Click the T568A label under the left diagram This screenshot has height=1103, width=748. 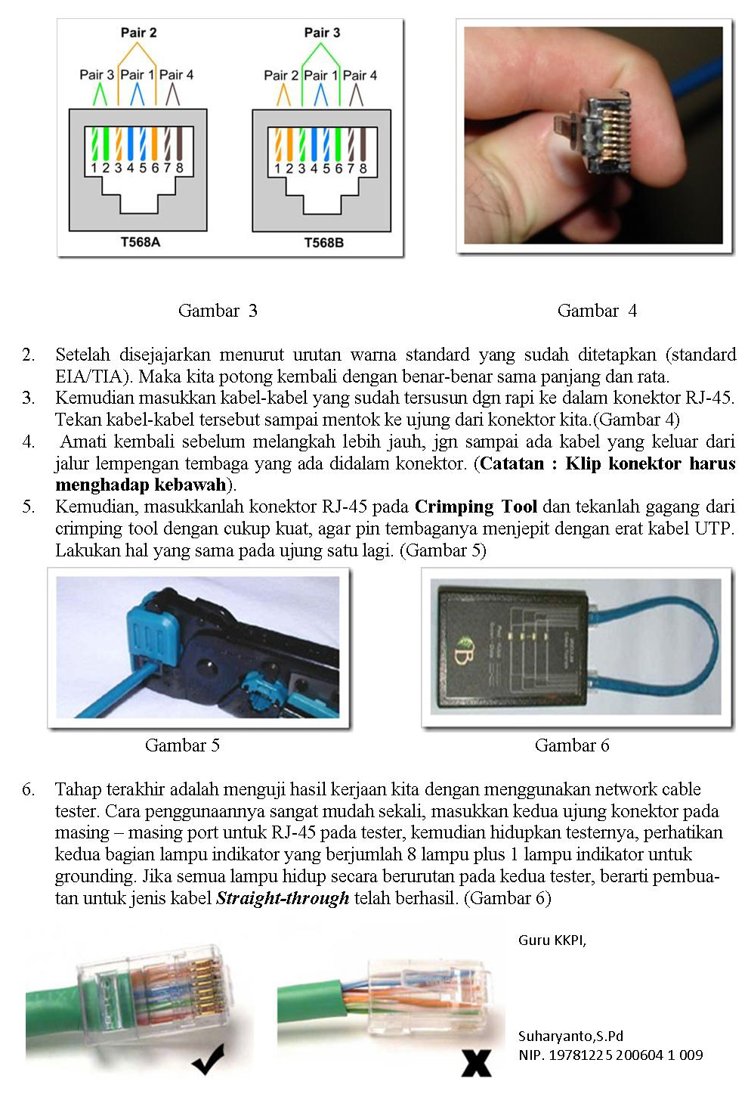point(140,242)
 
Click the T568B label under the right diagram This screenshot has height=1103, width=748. point(323,243)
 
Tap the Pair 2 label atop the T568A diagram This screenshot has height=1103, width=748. point(138,33)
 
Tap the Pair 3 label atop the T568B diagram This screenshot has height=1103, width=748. point(322,33)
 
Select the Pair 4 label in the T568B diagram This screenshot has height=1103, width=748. point(360,76)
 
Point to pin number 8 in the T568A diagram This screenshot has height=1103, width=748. point(179,168)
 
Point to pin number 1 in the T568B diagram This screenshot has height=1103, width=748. point(277,169)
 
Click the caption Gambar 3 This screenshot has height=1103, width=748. point(218,311)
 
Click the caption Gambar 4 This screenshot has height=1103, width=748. point(597,311)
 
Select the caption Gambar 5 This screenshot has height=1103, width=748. point(182,745)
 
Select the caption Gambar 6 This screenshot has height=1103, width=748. point(572,745)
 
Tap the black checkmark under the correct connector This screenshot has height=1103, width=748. point(208,1059)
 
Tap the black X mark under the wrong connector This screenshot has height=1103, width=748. point(476,1062)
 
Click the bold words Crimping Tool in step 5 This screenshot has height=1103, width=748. point(476,507)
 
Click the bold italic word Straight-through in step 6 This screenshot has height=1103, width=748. point(283,898)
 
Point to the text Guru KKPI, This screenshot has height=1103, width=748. point(552,940)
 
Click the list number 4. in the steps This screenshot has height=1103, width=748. point(28,442)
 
